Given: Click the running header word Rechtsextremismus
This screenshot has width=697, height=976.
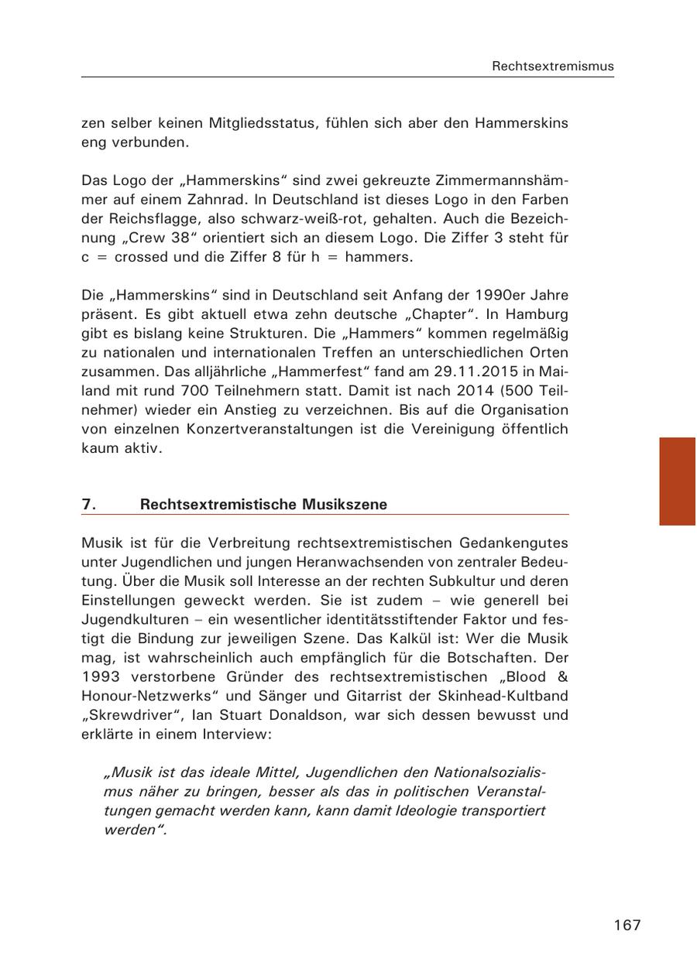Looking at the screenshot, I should (x=552, y=67).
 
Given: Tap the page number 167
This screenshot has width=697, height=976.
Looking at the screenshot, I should (x=627, y=925).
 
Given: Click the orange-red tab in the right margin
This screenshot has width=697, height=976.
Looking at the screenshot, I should (x=677, y=481).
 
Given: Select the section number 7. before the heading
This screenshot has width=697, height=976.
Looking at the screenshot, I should (x=89, y=505).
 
